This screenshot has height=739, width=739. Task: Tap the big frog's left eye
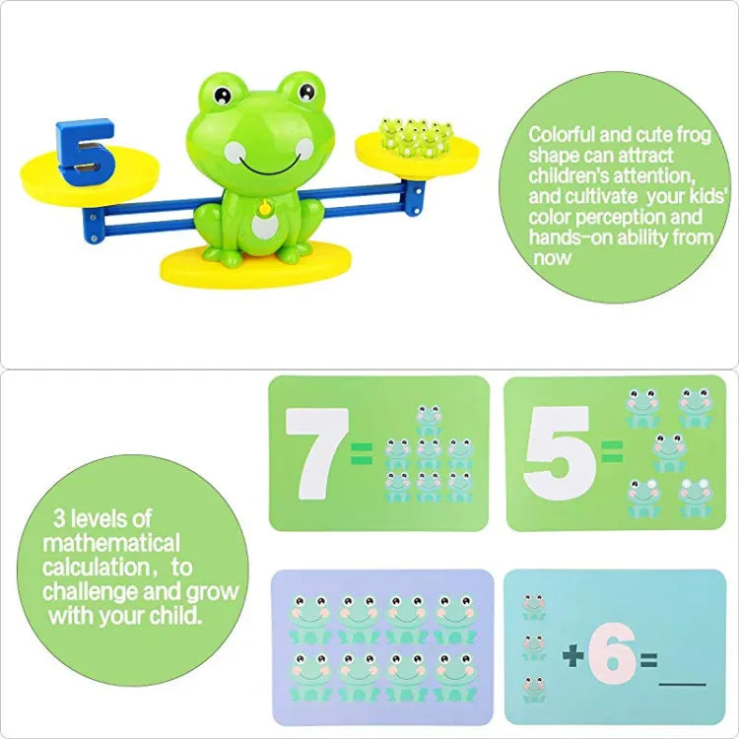pyautogui.click(x=223, y=96)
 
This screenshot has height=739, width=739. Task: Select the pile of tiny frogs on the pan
pyautogui.click(x=416, y=136)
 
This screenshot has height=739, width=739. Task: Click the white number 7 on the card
pyautogui.click(x=316, y=454)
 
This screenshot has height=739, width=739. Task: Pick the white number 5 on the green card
pyautogui.click(x=560, y=452)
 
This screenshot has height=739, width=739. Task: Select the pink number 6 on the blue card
pyautogui.click(x=612, y=653)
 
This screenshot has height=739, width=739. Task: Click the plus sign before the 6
pyautogui.click(x=573, y=655)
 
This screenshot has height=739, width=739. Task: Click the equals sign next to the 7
pyautogui.click(x=362, y=453)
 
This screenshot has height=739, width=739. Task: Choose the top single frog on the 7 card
pyautogui.click(x=429, y=419)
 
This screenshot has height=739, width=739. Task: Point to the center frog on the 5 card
pyautogui.click(x=669, y=453)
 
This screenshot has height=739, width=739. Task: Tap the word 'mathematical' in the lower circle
pyautogui.click(x=111, y=543)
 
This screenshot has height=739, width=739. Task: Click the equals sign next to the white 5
pyautogui.click(x=612, y=451)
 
